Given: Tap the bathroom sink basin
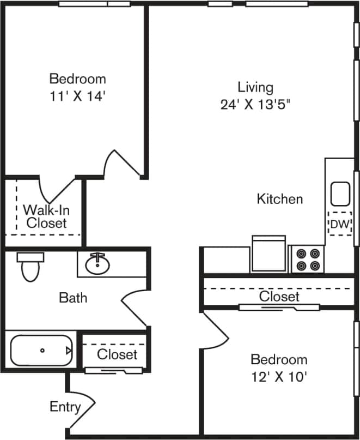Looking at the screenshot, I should point(98,264).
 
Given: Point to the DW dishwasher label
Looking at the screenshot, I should point(339,224).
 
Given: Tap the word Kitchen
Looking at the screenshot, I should point(279,199).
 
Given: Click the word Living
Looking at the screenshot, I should point(255,87).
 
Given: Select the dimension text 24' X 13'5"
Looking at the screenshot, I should point(255,104).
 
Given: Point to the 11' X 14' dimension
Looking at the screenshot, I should point(77,96).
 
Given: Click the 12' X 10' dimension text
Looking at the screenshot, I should point(278,377).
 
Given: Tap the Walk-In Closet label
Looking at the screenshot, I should point(46,216).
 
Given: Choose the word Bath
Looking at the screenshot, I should point(73,298).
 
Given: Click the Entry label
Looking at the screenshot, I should point(65,406).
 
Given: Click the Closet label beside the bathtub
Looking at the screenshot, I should point(117,354).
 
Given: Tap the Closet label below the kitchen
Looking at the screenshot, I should point(279,297).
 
